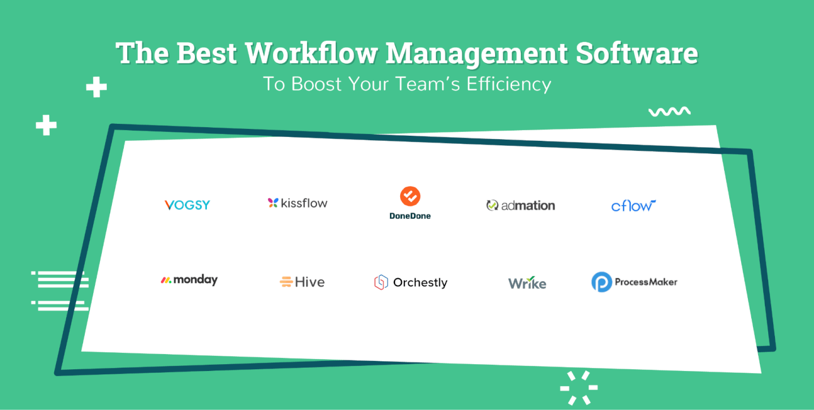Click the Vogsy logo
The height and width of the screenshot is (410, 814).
[x=187, y=205]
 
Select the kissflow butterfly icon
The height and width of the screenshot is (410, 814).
[x=273, y=203]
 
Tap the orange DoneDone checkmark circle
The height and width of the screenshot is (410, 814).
[x=410, y=196]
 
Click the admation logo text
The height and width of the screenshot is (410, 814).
[x=528, y=206]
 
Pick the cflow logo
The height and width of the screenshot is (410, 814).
[x=633, y=206]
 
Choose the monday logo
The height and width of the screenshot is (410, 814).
[x=189, y=280]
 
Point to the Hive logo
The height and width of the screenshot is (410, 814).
[x=302, y=282]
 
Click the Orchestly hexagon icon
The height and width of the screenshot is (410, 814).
[x=381, y=282]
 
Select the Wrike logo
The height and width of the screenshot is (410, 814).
[x=527, y=283]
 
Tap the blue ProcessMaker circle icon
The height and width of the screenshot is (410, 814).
[x=602, y=282]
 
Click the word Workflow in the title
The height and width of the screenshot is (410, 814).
[x=311, y=53]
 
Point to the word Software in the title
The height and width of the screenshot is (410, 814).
[x=637, y=53]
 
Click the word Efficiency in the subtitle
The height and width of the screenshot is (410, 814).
[x=509, y=84]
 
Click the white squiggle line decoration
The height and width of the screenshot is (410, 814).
[x=670, y=111]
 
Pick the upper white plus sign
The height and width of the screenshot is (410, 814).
[x=96, y=87]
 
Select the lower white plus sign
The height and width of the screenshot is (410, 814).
[x=46, y=126]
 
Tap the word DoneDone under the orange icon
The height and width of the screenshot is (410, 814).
[x=410, y=216]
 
